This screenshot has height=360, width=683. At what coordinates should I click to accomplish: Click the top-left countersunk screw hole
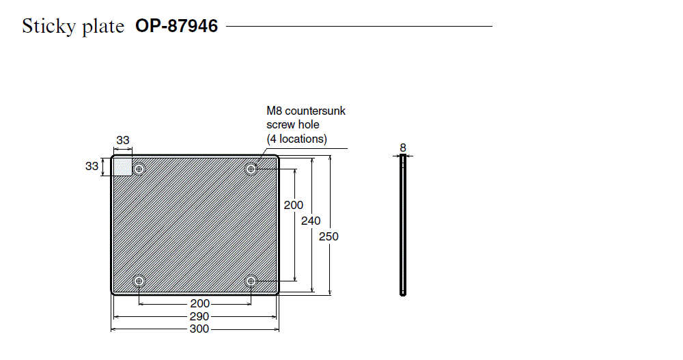coord(139,169)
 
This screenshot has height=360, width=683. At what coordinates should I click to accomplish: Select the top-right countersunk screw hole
coord(251,169)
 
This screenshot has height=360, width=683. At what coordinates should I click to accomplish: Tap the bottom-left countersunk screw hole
coord(139,281)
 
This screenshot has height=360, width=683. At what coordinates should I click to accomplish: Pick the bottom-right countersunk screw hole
coord(251,281)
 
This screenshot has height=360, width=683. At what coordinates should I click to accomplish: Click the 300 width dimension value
coord(199,329)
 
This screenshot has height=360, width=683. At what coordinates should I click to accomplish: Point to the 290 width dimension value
coord(199,316)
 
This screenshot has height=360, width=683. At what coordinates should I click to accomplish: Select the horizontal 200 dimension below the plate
coord(200,303)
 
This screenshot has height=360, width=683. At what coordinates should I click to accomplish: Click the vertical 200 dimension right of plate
coord(294,205)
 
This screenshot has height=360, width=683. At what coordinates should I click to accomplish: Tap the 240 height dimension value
coord(311,221)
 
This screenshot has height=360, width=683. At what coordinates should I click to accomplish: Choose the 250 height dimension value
coord(329,236)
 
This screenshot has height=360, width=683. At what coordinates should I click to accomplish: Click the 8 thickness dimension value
coord(403,148)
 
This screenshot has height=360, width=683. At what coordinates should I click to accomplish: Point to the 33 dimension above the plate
coord(123,140)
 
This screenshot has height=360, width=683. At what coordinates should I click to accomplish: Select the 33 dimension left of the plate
coord(92,166)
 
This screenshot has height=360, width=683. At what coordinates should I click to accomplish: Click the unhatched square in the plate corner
coord(123,167)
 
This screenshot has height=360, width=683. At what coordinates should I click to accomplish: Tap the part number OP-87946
coord(176,26)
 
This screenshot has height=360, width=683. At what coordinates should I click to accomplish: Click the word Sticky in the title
coord(48,27)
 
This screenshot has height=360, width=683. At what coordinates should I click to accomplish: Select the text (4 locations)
coord(296,139)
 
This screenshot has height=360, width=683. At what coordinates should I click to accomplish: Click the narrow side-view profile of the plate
coord(403,225)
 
